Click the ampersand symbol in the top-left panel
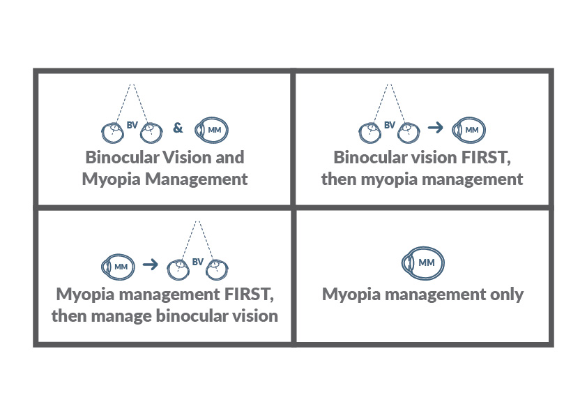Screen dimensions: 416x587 click(x=178, y=128)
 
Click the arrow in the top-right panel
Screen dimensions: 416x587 click(x=436, y=128)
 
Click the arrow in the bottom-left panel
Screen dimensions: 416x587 click(x=148, y=265)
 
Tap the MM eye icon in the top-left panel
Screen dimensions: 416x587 click(x=212, y=129)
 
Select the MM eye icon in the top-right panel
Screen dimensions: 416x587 click(x=468, y=130)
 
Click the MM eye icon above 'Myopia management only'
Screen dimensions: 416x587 click(x=424, y=262)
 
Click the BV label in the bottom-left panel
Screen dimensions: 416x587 click(x=197, y=262)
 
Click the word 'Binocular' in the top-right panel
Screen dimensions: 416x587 click(x=367, y=157)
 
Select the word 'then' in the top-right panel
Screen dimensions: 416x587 click(x=338, y=179)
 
